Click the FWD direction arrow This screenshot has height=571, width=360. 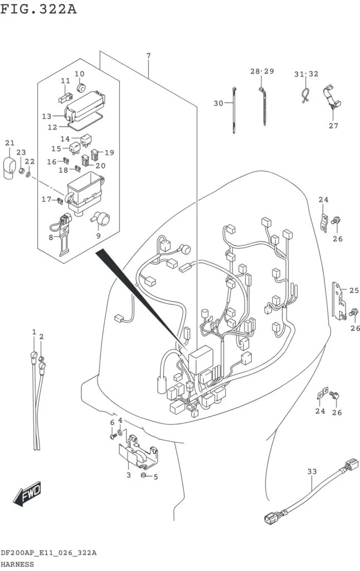[x=28, y=493]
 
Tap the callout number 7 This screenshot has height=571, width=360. [x=148, y=56]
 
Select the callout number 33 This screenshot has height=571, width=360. [x=312, y=472]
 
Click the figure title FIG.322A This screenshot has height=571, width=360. [x=38, y=9]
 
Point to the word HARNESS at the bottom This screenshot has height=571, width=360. [x=17, y=564]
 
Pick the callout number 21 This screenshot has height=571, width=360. [x=10, y=143]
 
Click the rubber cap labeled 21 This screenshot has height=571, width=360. [x=10, y=168]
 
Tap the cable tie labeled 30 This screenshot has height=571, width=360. [x=234, y=110]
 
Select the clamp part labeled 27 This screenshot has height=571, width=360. [x=332, y=97]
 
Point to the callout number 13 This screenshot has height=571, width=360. [x=47, y=116]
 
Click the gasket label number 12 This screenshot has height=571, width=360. [x=52, y=127]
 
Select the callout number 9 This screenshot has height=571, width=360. [x=98, y=236]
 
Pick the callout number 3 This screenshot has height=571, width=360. [x=129, y=475]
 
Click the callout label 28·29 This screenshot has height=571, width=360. [x=262, y=71]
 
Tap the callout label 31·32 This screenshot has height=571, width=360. [x=306, y=74]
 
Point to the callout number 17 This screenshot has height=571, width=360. [x=46, y=199]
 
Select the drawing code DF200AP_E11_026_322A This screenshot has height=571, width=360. [x=48, y=553]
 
